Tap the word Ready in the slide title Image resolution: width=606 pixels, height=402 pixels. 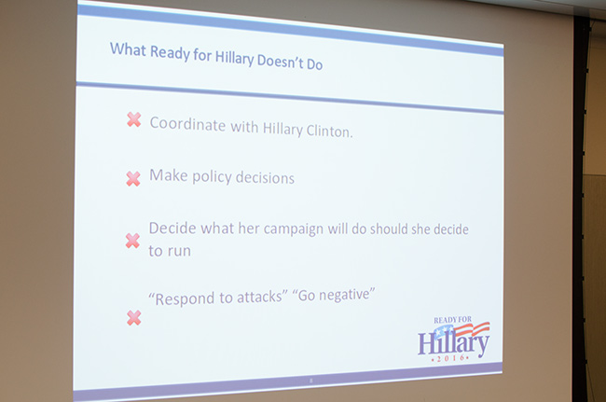tap(170, 52)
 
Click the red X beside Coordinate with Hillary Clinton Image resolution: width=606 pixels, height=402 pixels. tap(133, 119)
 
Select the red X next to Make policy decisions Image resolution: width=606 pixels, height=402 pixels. tap(133, 178)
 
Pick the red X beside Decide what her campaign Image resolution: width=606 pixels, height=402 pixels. tap(132, 241)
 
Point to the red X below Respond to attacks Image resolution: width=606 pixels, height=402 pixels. tap(133, 318)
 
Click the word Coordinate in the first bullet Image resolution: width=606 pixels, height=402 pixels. tap(187, 124)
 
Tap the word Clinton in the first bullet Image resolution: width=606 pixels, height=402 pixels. tap(329, 131)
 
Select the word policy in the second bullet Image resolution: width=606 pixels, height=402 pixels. tap(212, 177)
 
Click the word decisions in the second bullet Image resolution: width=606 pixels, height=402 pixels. tap(265, 178)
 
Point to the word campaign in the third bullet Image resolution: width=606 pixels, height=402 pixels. tap(294, 229)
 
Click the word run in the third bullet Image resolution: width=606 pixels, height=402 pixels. tap(179, 252)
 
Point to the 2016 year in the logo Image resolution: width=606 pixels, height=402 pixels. tap(450, 358)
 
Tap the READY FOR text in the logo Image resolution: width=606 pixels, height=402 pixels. tap(452, 320)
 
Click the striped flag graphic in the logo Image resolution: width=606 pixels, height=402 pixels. tap(461, 330)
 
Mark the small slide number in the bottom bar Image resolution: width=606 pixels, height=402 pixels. tap(311, 381)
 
